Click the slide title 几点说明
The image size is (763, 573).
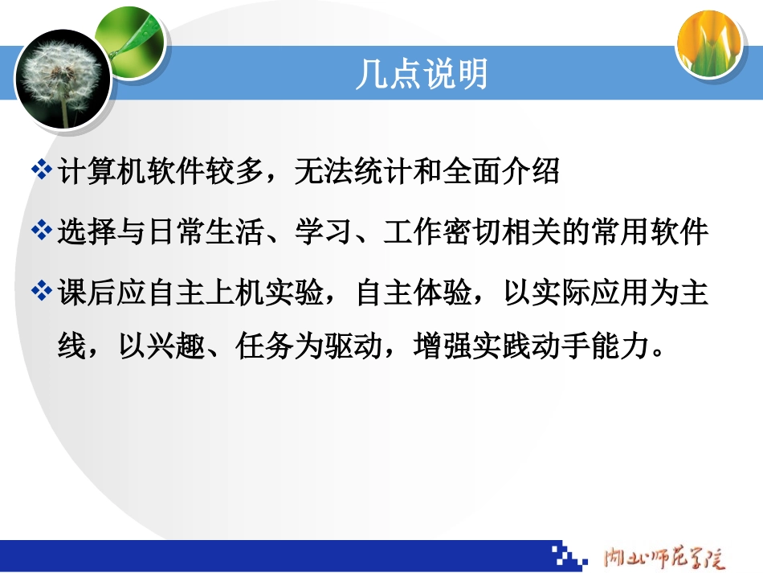pyautogui.click(x=422, y=76)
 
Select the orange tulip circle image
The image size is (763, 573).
pyautogui.click(x=708, y=44)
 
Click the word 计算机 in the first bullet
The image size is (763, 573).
pyautogui.click(x=97, y=171)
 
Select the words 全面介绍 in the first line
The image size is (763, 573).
pyautogui.click(x=500, y=171)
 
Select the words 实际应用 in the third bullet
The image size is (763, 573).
pyautogui.click(x=565, y=292)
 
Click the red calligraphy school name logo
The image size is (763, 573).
pyautogui.click(x=663, y=555)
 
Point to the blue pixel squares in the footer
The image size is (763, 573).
pyautogui.click(x=570, y=554)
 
